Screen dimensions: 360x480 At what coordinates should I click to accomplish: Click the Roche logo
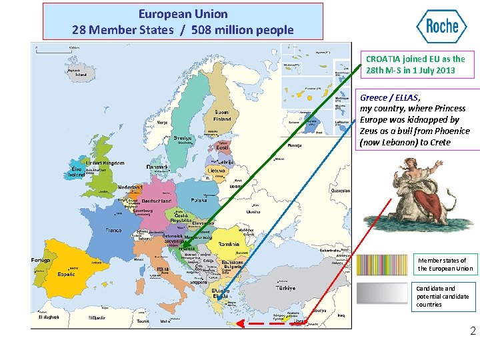point(441,27)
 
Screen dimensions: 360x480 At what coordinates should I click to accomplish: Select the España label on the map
point(66,274)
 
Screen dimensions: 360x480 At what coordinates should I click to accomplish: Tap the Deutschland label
point(157,201)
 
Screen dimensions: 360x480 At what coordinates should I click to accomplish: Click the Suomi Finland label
point(222,115)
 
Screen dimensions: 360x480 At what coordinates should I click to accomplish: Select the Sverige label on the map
point(182,139)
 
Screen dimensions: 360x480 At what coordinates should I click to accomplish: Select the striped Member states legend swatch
point(382,265)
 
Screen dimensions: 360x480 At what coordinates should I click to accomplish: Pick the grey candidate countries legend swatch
point(382,293)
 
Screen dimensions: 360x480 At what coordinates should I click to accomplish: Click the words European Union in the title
point(183,13)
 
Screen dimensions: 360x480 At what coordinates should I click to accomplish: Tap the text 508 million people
point(242,29)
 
